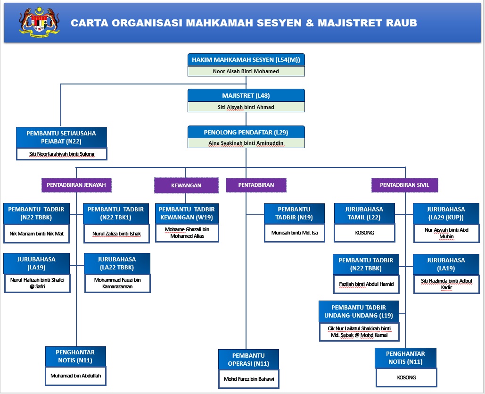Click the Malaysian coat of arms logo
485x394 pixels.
point(39,22)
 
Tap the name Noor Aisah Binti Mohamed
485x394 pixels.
point(246,71)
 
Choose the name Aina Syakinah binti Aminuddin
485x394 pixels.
point(246,143)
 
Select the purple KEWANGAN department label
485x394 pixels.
point(186,185)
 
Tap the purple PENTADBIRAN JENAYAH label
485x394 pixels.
point(76,185)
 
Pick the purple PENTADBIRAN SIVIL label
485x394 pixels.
point(404,185)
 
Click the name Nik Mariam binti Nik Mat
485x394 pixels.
point(36,234)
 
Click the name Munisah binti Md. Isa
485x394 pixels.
point(295,233)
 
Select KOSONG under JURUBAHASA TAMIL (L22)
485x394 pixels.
point(364,233)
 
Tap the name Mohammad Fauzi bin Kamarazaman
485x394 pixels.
point(117,283)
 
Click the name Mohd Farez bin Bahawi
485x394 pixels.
point(249,379)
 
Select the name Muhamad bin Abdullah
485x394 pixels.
point(76,376)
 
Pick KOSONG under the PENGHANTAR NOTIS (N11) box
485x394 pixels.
point(406,377)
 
